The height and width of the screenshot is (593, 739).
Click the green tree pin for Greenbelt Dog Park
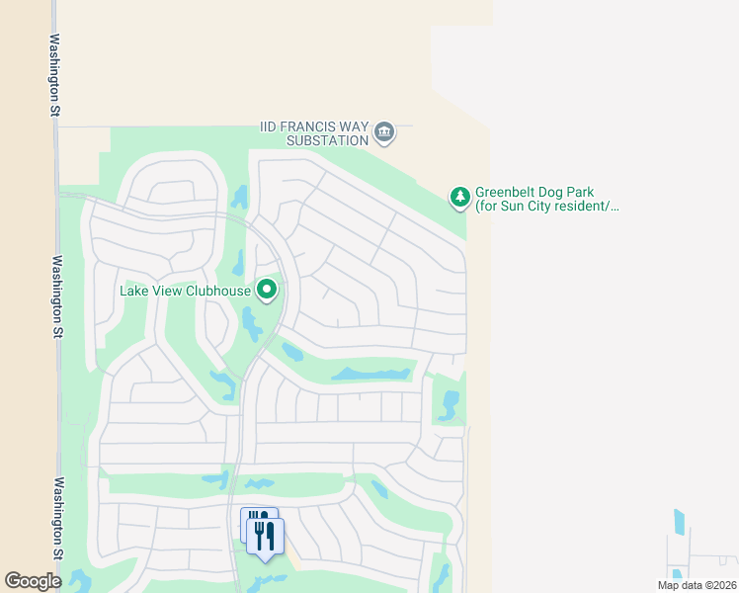(x=459, y=198)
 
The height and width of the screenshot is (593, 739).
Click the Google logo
(x=33, y=581)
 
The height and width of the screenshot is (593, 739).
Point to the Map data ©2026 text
(x=697, y=585)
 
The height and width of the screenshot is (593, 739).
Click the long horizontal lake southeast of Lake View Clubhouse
(x=371, y=375)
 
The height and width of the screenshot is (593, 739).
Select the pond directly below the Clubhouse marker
(x=248, y=319)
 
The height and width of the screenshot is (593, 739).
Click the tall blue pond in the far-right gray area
(x=679, y=522)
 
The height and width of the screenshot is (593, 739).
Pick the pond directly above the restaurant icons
(x=260, y=484)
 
